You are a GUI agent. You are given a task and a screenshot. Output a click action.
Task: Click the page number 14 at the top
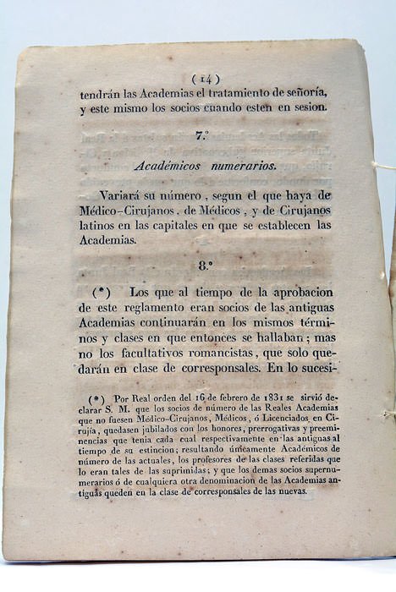click(207, 78)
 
